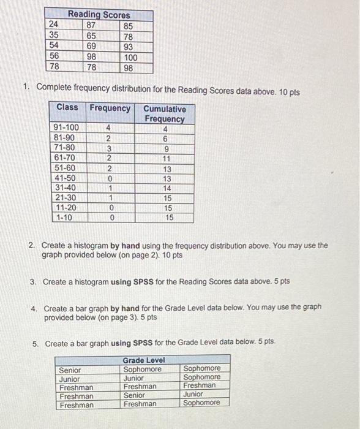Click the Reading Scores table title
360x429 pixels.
[99, 14]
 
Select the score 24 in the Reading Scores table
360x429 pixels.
[54, 26]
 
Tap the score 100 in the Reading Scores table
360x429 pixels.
[130, 57]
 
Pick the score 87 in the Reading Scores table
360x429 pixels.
[92, 26]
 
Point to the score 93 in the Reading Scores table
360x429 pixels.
[129, 47]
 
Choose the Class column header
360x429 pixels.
[67, 107]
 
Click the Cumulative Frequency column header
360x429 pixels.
[165, 113]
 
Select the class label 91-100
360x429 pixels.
[67, 127]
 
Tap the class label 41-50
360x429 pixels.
[66, 178]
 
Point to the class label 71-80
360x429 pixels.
[66, 148]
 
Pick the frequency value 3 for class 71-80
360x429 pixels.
[108, 148]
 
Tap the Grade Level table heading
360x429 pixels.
[144, 360]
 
